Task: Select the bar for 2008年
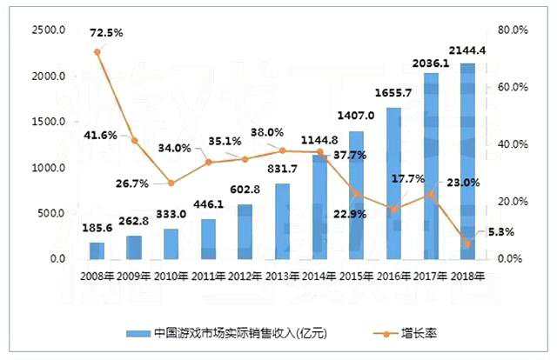click(x=97, y=250)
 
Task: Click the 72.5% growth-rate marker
click(x=97, y=52)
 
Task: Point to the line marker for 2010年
click(x=171, y=183)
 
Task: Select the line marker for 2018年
click(x=468, y=244)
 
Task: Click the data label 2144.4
click(x=467, y=50)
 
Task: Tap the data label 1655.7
click(x=393, y=94)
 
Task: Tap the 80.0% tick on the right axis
click(x=512, y=30)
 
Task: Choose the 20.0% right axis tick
click(x=512, y=202)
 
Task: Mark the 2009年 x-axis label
click(x=134, y=277)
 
